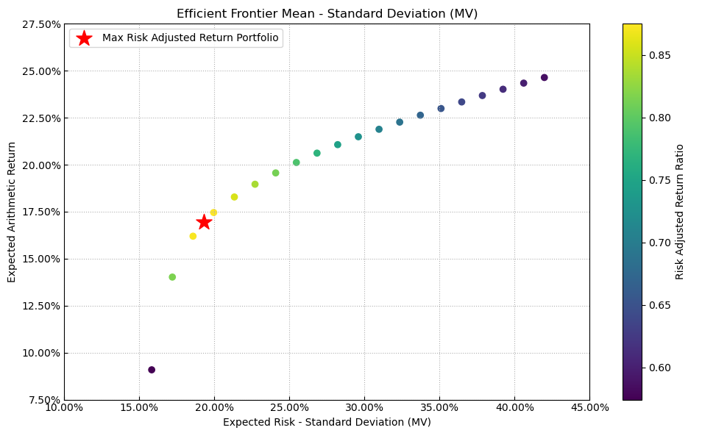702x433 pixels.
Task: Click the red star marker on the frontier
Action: click(x=204, y=222)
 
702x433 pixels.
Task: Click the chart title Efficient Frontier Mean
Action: click(x=327, y=14)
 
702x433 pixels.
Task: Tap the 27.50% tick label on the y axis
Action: click(x=40, y=24)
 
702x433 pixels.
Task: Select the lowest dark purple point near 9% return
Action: click(x=152, y=370)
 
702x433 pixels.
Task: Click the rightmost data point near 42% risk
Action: click(x=545, y=77)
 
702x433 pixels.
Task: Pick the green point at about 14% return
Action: click(x=172, y=277)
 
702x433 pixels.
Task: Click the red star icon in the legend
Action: click(x=85, y=38)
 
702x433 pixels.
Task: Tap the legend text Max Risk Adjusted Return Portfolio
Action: click(x=191, y=38)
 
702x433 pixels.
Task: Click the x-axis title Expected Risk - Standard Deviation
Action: click(x=327, y=422)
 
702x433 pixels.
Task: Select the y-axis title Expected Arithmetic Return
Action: click(x=12, y=212)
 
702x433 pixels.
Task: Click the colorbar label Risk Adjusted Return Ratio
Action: click(x=680, y=212)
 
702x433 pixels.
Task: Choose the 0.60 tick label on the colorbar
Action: click(x=656, y=368)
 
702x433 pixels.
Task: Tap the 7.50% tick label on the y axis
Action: click(x=43, y=400)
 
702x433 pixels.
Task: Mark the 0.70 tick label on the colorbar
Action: click(x=656, y=243)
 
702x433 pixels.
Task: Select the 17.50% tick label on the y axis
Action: click(x=40, y=212)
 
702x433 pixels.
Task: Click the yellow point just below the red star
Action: click(x=193, y=236)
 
